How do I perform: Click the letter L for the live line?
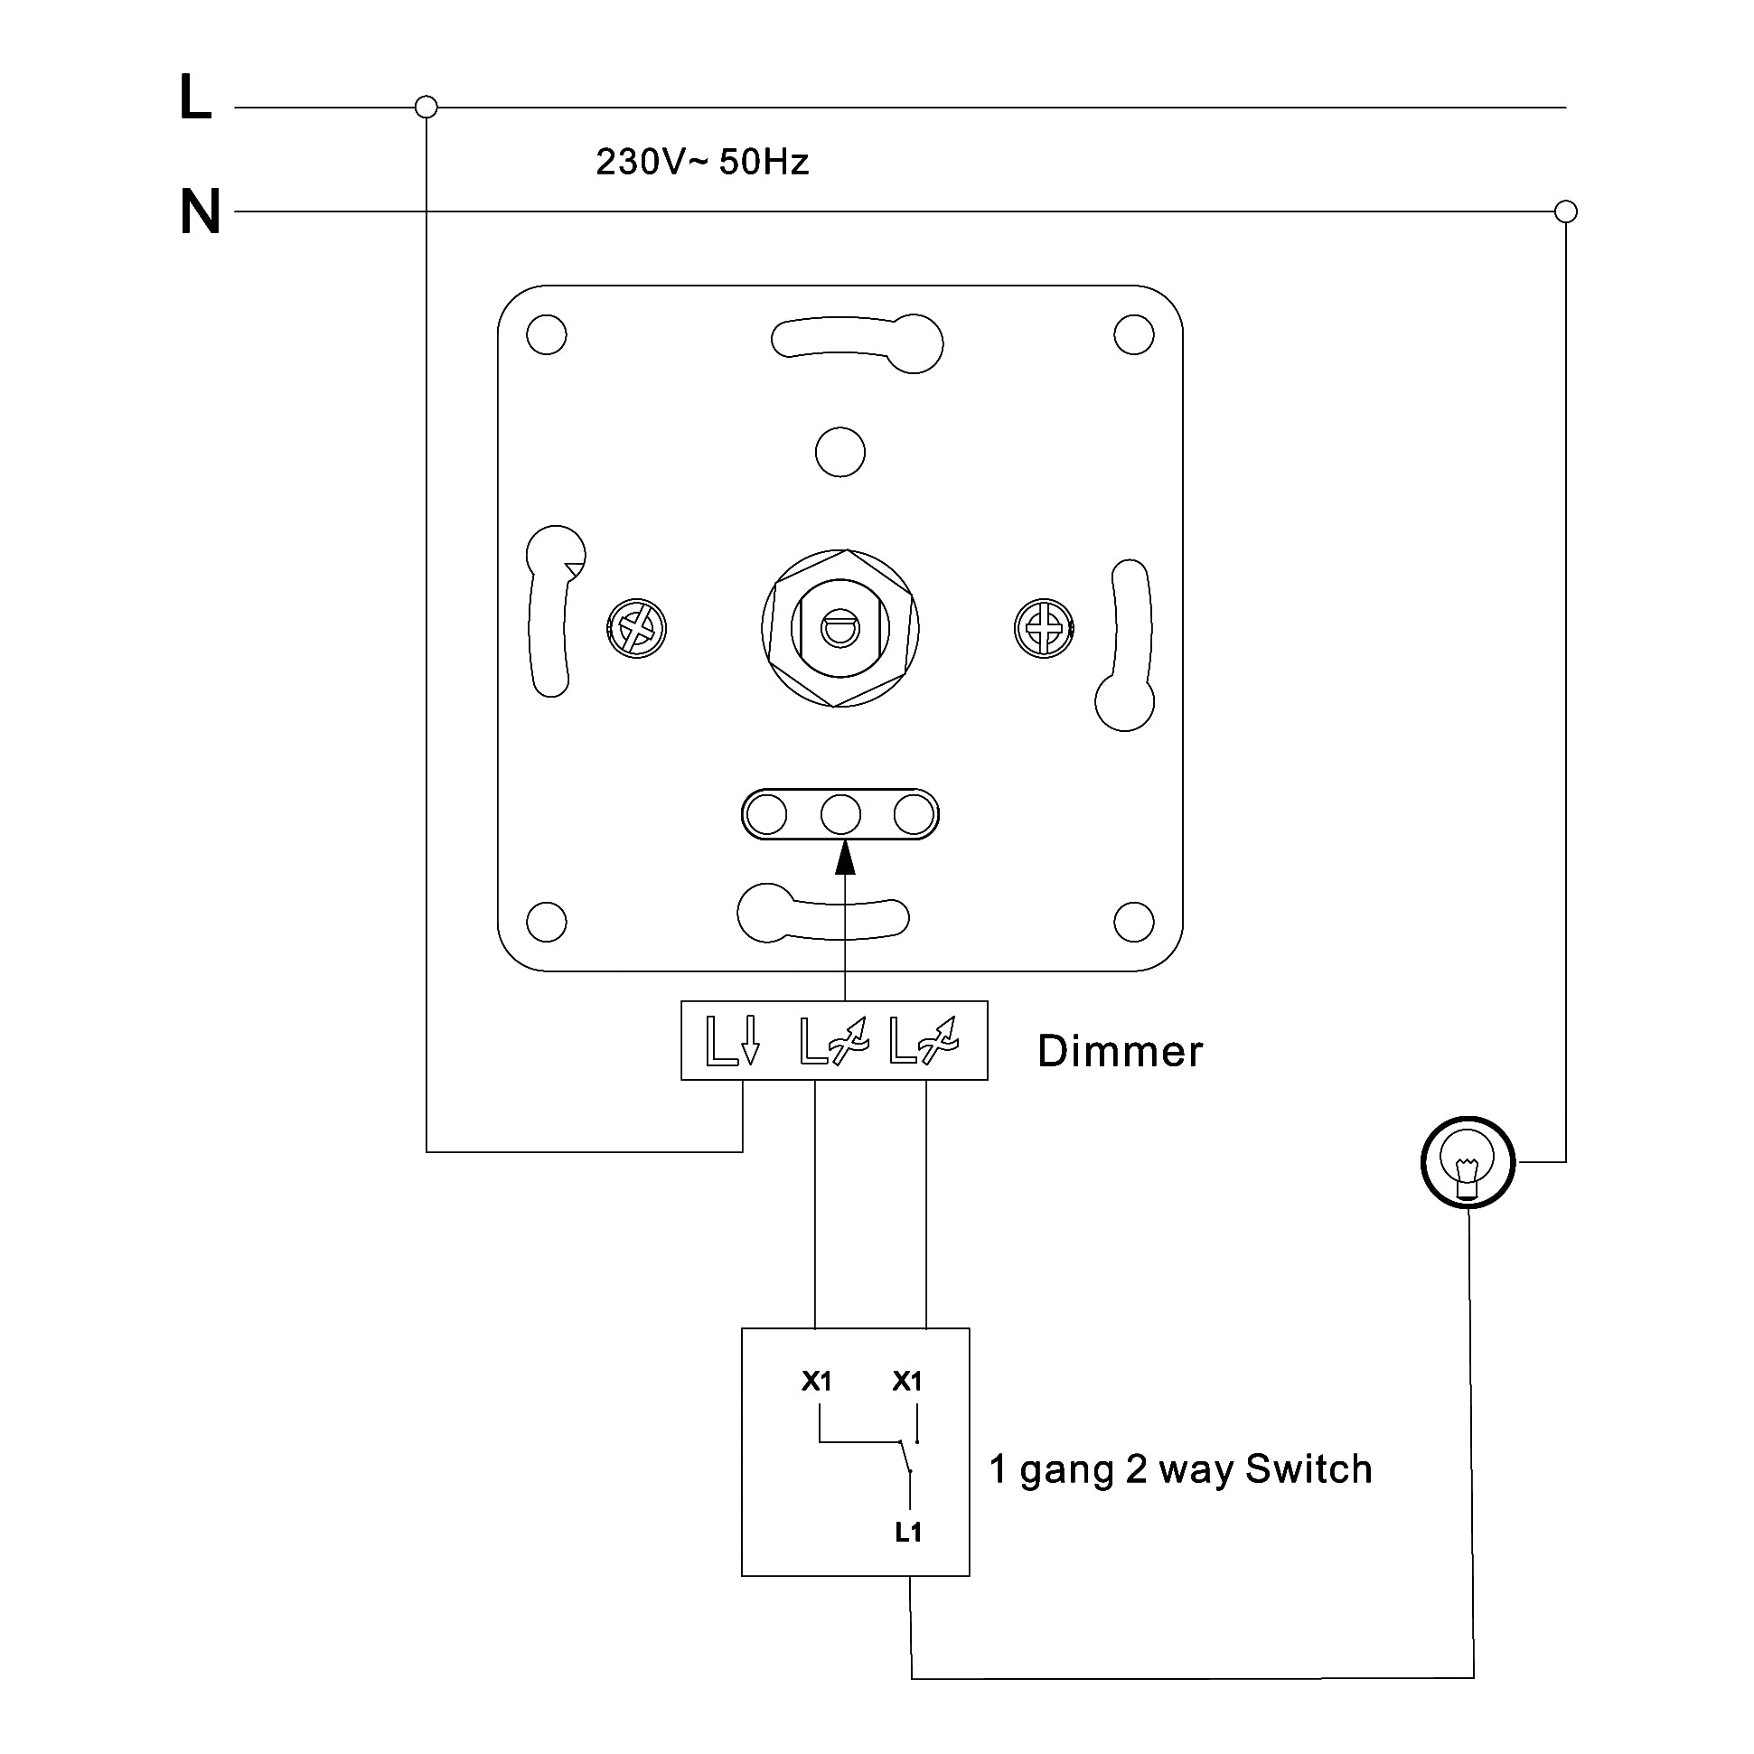pos(195,98)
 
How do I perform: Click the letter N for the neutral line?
pos(201,211)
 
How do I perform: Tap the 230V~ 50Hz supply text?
pos(702,162)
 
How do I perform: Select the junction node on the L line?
pos(426,108)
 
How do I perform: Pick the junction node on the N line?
pos(1566,211)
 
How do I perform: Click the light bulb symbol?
pos(1468,1162)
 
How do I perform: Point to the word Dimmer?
pos(1120,1051)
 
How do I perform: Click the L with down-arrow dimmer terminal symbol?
pos(732,1041)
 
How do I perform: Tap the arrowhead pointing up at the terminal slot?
pos(845,858)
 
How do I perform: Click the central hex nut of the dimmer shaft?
pos(840,628)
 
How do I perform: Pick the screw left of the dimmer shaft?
pos(636,628)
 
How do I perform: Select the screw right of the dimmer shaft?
pos(1044,628)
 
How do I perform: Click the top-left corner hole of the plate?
pos(547,335)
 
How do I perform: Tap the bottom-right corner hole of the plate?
pos(1134,923)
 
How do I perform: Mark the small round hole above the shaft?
pos(840,452)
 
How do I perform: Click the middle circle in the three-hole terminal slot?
pos(840,814)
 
